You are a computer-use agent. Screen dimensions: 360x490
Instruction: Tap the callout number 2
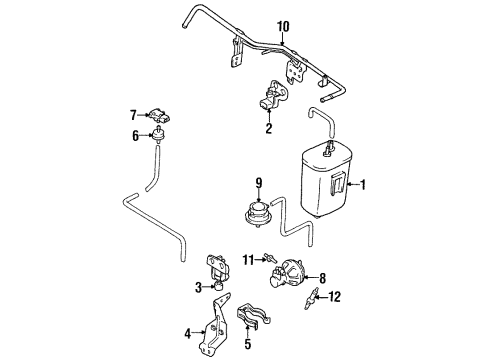(x=269, y=129)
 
